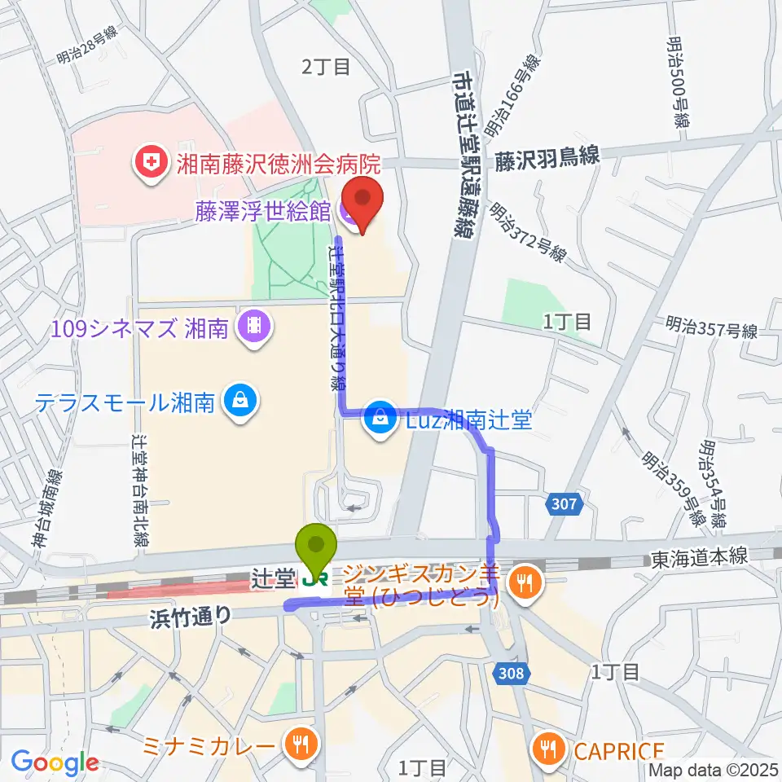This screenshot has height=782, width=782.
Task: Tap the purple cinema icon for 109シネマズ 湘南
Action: [x=253, y=327]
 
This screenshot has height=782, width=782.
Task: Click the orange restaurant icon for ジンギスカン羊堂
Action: [x=522, y=581]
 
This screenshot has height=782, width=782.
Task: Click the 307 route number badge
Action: [x=563, y=504]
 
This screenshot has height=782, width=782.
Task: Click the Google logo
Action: [x=55, y=762]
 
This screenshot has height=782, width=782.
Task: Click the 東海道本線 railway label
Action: [x=699, y=559]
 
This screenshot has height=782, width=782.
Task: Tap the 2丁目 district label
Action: [x=326, y=67]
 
